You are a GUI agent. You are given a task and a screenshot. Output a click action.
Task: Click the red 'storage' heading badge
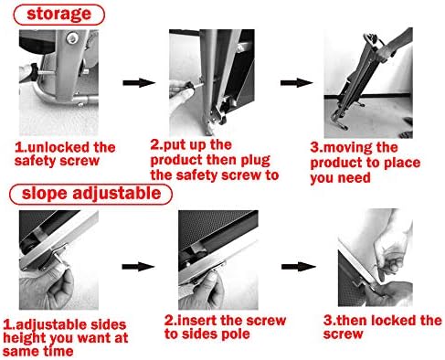pos(59,15)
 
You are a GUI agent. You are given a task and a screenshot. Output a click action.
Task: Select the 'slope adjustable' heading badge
pos(90,194)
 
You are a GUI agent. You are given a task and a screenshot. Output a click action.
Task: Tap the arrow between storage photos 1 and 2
pos(139,82)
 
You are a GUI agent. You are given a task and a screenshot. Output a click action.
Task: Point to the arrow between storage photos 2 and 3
pos(297,82)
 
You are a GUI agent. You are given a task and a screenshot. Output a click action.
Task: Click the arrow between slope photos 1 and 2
pos(138,267)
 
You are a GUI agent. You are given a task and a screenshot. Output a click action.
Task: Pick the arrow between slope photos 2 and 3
pos(299,267)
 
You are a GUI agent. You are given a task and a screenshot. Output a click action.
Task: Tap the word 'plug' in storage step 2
pos(255,161)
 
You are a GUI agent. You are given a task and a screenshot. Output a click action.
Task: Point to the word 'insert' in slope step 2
pos(196,321)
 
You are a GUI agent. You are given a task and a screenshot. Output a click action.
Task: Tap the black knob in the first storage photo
pos(33,72)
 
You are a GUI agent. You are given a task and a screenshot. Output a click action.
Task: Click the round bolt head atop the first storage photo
pos(72,38)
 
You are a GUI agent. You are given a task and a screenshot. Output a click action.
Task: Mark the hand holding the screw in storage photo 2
pos(181,96)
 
